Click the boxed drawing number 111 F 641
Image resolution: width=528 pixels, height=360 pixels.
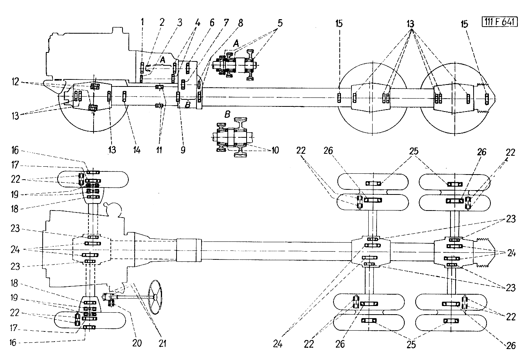[x=499, y=22]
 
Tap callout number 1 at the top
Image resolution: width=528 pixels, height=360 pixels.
[x=142, y=22]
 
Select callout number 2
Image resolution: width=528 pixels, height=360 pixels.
[x=162, y=22]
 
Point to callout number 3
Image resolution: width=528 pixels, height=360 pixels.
[x=180, y=22]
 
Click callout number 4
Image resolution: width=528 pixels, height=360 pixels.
[x=198, y=23]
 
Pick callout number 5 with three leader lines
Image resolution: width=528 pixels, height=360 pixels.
[x=280, y=23]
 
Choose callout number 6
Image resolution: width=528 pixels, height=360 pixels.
[x=212, y=23]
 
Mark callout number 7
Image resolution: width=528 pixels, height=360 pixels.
[x=226, y=23]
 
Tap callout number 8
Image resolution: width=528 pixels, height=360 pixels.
[x=240, y=23]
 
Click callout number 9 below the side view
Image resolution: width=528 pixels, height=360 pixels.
[x=183, y=149]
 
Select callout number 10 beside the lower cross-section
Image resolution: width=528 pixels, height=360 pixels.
[x=275, y=150]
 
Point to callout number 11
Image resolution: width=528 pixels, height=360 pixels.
[x=159, y=149]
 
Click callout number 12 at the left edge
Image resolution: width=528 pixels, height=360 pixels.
[x=15, y=82]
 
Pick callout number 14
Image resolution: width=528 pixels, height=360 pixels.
[x=137, y=149]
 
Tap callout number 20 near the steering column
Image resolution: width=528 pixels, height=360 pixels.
[x=137, y=343]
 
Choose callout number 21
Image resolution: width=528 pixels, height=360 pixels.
[x=162, y=344]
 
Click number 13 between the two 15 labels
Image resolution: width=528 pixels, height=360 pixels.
[x=410, y=24]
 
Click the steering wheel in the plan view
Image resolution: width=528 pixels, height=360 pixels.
[x=155, y=297]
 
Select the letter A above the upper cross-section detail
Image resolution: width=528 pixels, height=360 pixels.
[x=236, y=43]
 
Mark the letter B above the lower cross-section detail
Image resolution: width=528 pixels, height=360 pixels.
[x=227, y=115]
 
